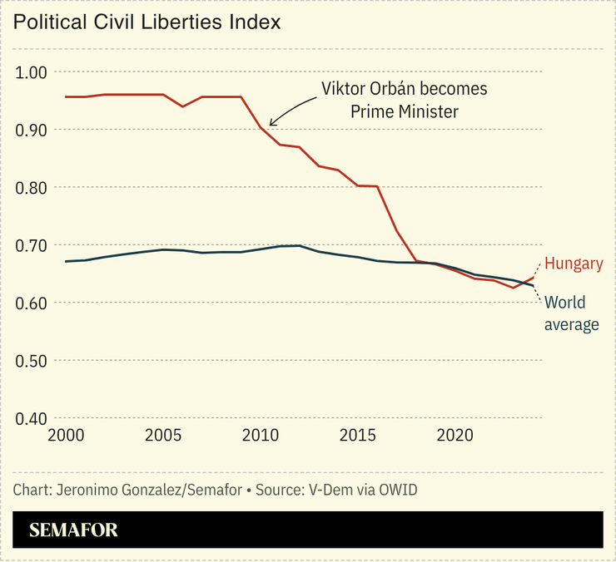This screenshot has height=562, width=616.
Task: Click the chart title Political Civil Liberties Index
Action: coord(147,22)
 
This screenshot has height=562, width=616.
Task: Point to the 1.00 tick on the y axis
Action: coord(33,72)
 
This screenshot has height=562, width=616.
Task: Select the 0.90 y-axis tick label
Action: coord(33,130)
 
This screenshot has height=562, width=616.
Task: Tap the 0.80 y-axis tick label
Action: coord(33,188)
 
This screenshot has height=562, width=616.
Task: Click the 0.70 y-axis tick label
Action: coord(33,245)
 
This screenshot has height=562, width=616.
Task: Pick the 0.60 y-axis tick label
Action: coord(33,303)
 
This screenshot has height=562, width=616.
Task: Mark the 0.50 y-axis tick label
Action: coord(33,361)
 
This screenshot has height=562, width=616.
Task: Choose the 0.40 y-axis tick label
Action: coord(33,418)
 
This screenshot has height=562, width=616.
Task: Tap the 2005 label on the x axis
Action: coord(163,436)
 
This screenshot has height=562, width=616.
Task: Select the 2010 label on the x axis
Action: coord(261,436)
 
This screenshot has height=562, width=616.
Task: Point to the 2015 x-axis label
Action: coord(359,436)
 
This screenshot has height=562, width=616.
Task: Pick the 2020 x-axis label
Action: coord(456,436)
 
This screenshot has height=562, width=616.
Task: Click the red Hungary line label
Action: coord(574,264)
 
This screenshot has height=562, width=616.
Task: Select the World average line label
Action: coord(571,313)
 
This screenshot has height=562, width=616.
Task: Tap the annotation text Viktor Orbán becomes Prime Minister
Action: coord(405,100)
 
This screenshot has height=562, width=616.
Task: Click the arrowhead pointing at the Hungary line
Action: coord(271,125)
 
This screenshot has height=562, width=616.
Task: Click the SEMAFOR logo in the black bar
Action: coord(74,530)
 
